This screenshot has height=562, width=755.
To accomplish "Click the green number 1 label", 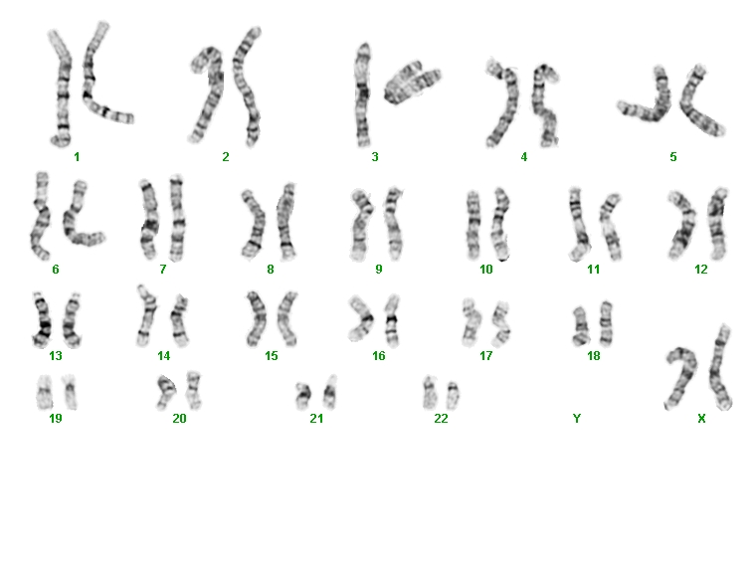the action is [x=76, y=156].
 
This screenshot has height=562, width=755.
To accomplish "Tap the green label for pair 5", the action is [x=673, y=156].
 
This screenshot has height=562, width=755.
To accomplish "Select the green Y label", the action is [x=577, y=419].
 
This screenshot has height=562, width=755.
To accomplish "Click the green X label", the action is [x=701, y=419].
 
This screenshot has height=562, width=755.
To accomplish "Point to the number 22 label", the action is [x=441, y=419].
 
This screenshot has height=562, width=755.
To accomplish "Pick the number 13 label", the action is [x=56, y=356].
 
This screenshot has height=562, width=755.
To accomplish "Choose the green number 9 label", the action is [x=378, y=270].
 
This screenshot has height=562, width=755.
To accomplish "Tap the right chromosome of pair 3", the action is [x=412, y=83].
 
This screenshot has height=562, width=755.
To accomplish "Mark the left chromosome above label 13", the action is [x=42, y=319].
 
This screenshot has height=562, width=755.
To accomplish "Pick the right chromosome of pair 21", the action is [x=330, y=392].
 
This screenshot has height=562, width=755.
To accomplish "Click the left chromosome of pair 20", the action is [x=166, y=391].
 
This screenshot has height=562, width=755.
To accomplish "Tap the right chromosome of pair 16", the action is [x=393, y=320].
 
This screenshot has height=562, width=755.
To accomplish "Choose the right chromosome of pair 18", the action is [x=606, y=323].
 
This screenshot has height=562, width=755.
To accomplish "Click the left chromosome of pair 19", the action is [x=45, y=393].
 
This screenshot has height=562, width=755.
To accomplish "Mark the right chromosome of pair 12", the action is [x=717, y=224].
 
